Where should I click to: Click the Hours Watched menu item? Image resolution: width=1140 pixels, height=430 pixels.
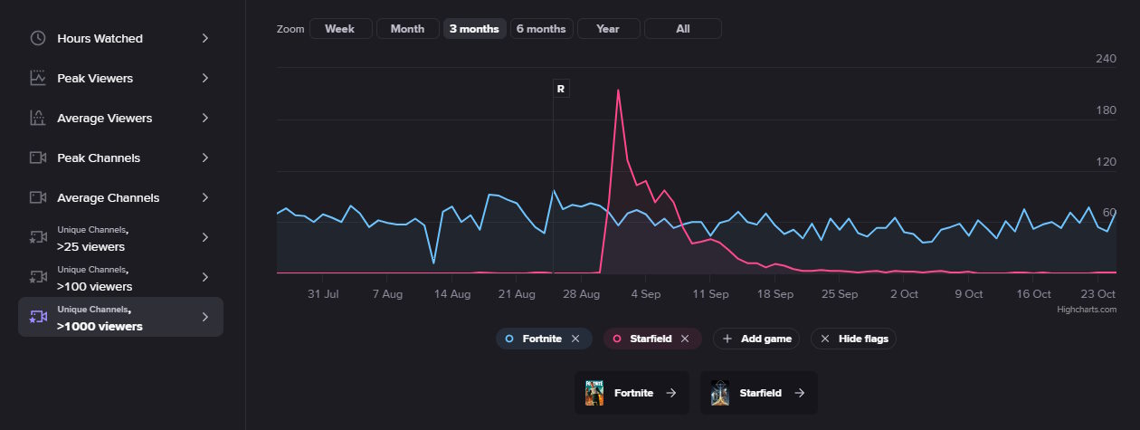(x=100, y=39)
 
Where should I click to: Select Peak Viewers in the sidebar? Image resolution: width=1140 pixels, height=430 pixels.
(x=94, y=79)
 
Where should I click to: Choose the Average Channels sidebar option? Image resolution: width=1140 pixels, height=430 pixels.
(x=108, y=198)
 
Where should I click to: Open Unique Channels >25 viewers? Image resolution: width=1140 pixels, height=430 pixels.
(x=90, y=238)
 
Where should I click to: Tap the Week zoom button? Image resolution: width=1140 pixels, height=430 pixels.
(x=339, y=29)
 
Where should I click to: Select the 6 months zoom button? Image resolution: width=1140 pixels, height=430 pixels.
(x=540, y=29)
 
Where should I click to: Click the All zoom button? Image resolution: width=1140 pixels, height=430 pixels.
(x=682, y=29)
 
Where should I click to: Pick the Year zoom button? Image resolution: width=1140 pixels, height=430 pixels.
(x=608, y=29)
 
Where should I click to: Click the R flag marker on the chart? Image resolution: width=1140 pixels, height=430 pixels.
(x=561, y=89)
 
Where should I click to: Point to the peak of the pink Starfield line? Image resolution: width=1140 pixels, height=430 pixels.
(x=618, y=91)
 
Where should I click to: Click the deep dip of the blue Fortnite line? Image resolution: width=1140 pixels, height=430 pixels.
(x=433, y=263)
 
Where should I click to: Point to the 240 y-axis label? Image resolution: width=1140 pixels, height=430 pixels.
(x=1106, y=59)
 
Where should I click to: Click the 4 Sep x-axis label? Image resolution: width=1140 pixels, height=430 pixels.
(x=646, y=294)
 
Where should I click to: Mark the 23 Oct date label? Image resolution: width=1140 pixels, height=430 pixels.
(x=1098, y=294)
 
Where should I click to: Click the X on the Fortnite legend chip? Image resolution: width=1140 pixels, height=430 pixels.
(x=575, y=339)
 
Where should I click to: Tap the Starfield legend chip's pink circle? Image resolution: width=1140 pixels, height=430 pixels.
(x=617, y=339)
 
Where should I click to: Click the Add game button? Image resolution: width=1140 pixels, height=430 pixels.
(x=757, y=339)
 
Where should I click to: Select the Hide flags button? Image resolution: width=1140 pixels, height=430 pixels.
(x=853, y=339)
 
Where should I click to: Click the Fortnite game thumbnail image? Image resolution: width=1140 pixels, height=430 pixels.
(x=594, y=393)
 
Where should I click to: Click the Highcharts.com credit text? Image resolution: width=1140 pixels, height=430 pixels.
(x=1087, y=310)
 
